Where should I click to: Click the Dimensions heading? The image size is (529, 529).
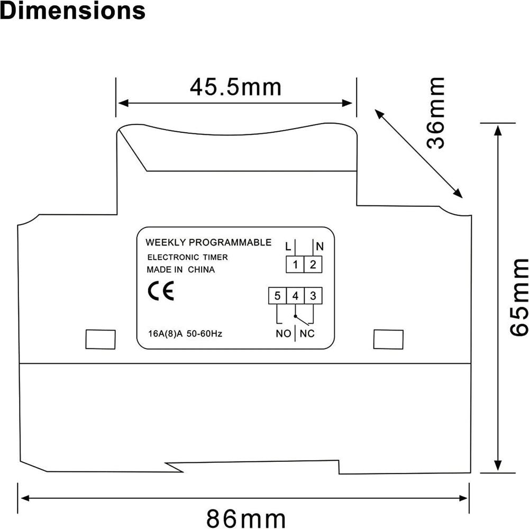point(72,11)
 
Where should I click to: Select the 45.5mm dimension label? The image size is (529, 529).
point(235,86)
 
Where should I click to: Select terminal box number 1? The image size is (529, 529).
point(295,264)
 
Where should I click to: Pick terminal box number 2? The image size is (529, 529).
point(313,264)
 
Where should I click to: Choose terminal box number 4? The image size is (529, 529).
point(295,296)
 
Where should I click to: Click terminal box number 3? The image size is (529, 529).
point(313,296)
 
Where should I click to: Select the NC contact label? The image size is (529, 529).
point(307,334)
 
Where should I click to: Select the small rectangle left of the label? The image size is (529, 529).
point(101,339)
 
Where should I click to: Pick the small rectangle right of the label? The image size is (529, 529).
point(388,339)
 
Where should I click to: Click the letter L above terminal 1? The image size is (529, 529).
point(287,247)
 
